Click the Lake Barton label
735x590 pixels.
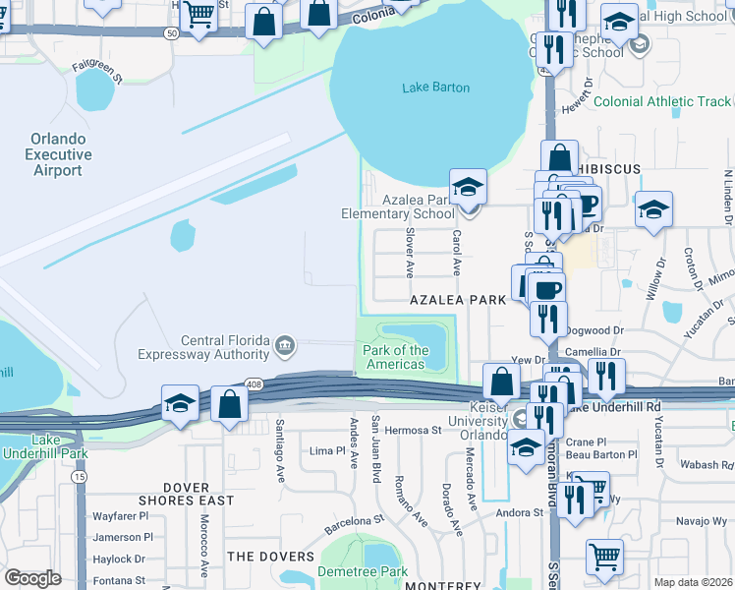(435, 88)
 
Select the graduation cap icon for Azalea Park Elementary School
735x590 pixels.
(469, 186)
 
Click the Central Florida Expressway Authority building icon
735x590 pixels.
(284, 343)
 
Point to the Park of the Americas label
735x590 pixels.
(396, 357)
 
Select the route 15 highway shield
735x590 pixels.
(79, 476)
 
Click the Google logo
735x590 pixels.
(32, 577)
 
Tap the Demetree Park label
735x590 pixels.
(362, 571)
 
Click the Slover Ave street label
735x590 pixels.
(410, 253)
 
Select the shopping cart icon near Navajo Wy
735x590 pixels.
(604, 556)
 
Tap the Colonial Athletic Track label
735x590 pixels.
(661, 101)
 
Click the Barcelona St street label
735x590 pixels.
(353, 523)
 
